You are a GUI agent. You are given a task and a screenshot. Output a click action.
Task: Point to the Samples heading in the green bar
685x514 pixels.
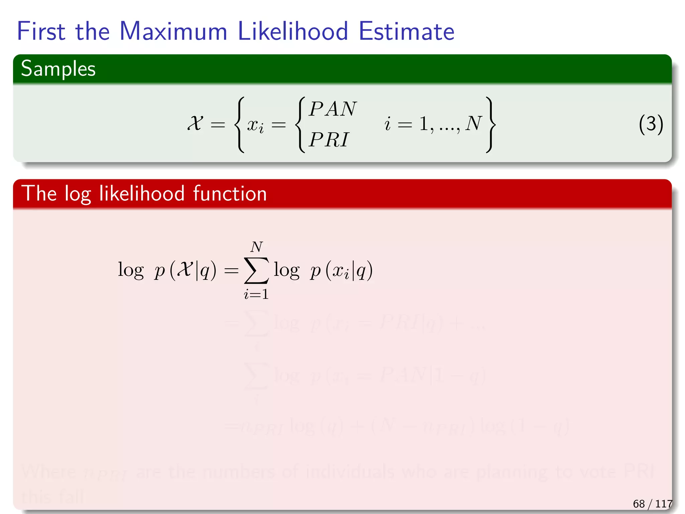click(x=58, y=69)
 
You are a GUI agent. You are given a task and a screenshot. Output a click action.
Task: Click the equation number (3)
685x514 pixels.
click(x=651, y=124)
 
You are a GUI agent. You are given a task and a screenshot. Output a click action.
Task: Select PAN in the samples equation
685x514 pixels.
click(x=333, y=109)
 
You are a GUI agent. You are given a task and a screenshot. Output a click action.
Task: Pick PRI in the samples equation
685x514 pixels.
click(x=329, y=140)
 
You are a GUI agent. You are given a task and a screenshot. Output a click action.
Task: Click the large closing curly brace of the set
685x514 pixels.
click(x=490, y=124)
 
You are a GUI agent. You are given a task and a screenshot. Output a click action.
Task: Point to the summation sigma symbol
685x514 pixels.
click(x=256, y=270)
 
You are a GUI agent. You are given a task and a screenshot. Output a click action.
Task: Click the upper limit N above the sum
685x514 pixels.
click(x=257, y=247)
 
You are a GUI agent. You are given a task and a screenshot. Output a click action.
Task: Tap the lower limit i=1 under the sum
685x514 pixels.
click(x=256, y=294)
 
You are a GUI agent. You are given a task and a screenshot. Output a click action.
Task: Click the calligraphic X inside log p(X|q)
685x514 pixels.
click(x=185, y=269)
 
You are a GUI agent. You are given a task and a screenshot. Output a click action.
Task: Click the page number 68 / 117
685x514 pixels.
click(x=652, y=503)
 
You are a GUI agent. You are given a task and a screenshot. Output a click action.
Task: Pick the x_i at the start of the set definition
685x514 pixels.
click(x=255, y=125)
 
